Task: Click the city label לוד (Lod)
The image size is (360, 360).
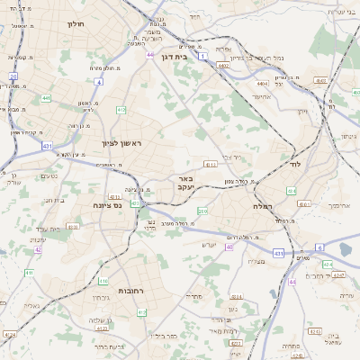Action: pos(295,166)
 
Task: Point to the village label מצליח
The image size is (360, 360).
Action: pos(256,262)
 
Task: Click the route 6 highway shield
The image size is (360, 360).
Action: pos(319,247)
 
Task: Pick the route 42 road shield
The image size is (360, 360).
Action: pos(38,249)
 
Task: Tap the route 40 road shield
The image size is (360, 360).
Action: pos(229,247)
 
